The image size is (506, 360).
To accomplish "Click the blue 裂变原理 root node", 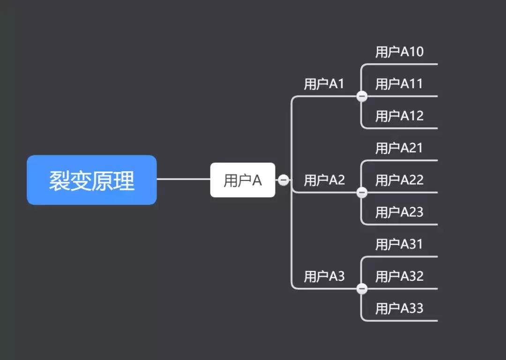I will pyautogui.click(x=92, y=180).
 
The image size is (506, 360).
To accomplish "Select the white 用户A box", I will pyautogui.click(x=242, y=180).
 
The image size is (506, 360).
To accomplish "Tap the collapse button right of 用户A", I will pyautogui.click(x=283, y=180).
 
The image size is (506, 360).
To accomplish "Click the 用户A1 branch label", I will pyautogui.click(x=324, y=84).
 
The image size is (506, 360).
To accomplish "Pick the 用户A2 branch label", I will pyautogui.click(x=324, y=180).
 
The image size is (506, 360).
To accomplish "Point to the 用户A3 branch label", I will pyautogui.click(x=324, y=277).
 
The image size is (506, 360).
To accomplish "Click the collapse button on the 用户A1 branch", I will pyautogui.click(x=362, y=97).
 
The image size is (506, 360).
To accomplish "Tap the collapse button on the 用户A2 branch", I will pyautogui.click(x=362, y=193).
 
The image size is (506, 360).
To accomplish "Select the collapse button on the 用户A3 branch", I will pyautogui.click(x=362, y=289).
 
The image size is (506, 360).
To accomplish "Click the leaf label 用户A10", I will pyautogui.click(x=399, y=52).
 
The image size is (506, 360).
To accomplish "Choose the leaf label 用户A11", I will pyautogui.click(x=399, y=84).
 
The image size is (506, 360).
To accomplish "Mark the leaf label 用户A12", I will pyautogui.click(x=399, y=116).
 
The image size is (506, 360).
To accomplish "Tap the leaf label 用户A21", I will pyautogui.click(x=399, y=148).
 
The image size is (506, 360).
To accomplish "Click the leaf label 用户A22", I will pyautogui.click(x=399, y=180).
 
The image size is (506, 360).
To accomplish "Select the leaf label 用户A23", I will pyautogui.click(x=399, y=212).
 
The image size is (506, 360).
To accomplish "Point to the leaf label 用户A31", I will pyautogui.click(x=399, y=244).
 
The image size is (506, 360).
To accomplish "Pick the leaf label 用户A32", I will pyautogui.click(x=399, y=277).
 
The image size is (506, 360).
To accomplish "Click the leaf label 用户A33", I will pyautogui.click(x=399, y=308).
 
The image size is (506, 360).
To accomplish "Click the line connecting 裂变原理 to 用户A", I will pyautogui.click(x=183, y=179).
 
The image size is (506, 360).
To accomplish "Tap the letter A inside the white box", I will pyautogui.click(x=257, y=180).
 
